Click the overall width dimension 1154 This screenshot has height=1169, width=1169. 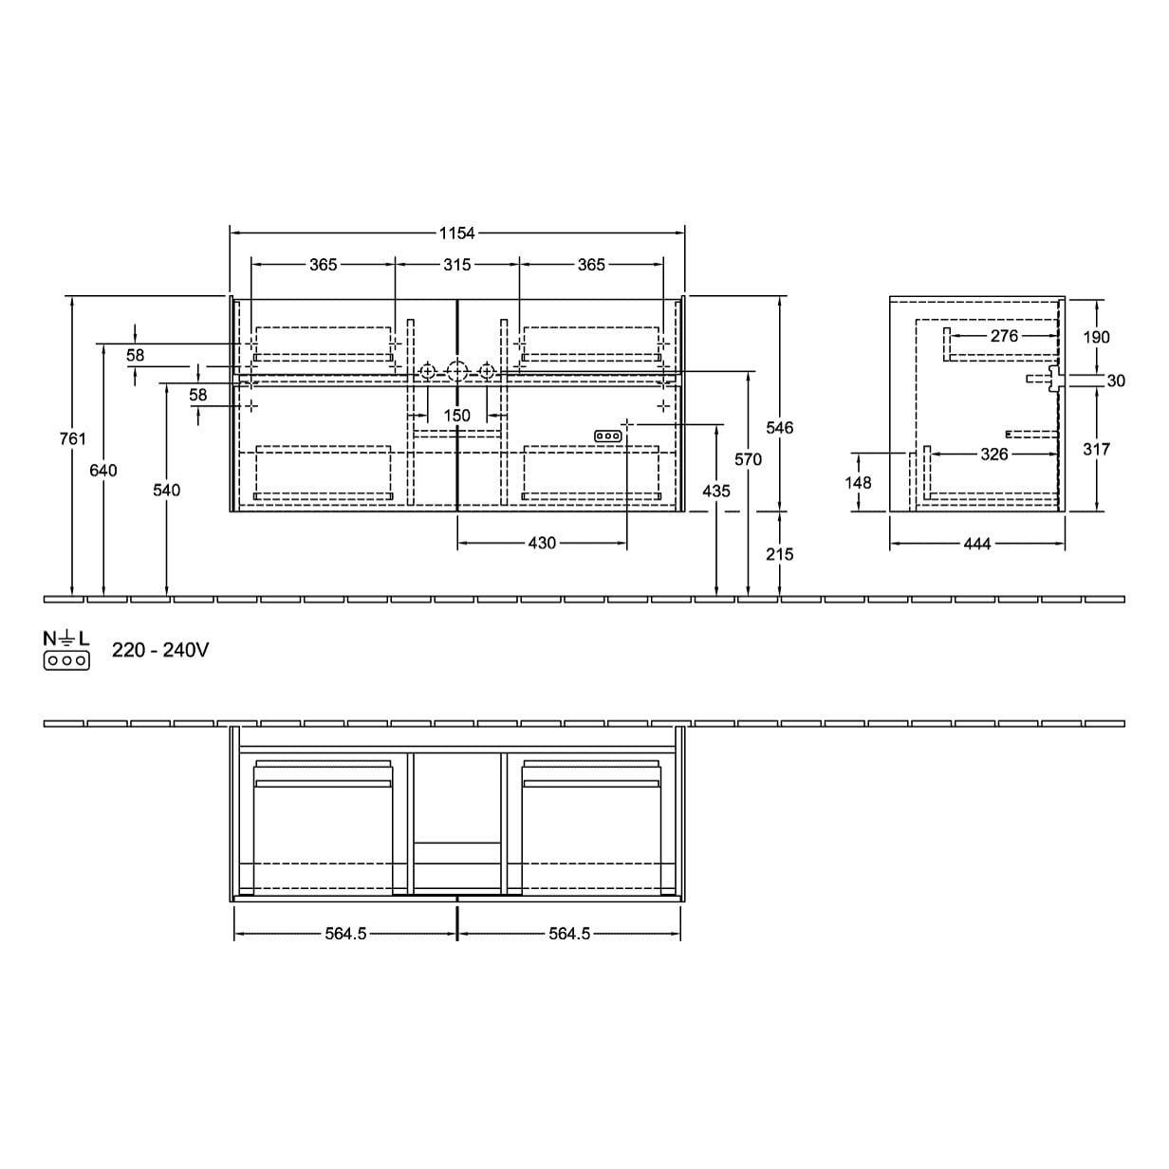(456, 233)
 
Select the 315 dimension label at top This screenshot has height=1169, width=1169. (456, 265)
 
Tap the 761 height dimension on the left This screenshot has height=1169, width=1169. (73, 438)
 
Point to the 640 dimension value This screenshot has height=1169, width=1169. (103, 470)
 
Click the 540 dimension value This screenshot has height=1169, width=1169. (166, 490)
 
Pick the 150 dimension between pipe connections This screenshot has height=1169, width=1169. (456, 416)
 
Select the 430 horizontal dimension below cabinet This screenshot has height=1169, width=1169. (542, 543)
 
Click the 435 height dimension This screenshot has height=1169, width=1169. (716, 491)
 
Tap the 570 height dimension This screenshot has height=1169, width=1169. (748, 460)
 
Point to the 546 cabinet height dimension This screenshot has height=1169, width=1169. (780, 428)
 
